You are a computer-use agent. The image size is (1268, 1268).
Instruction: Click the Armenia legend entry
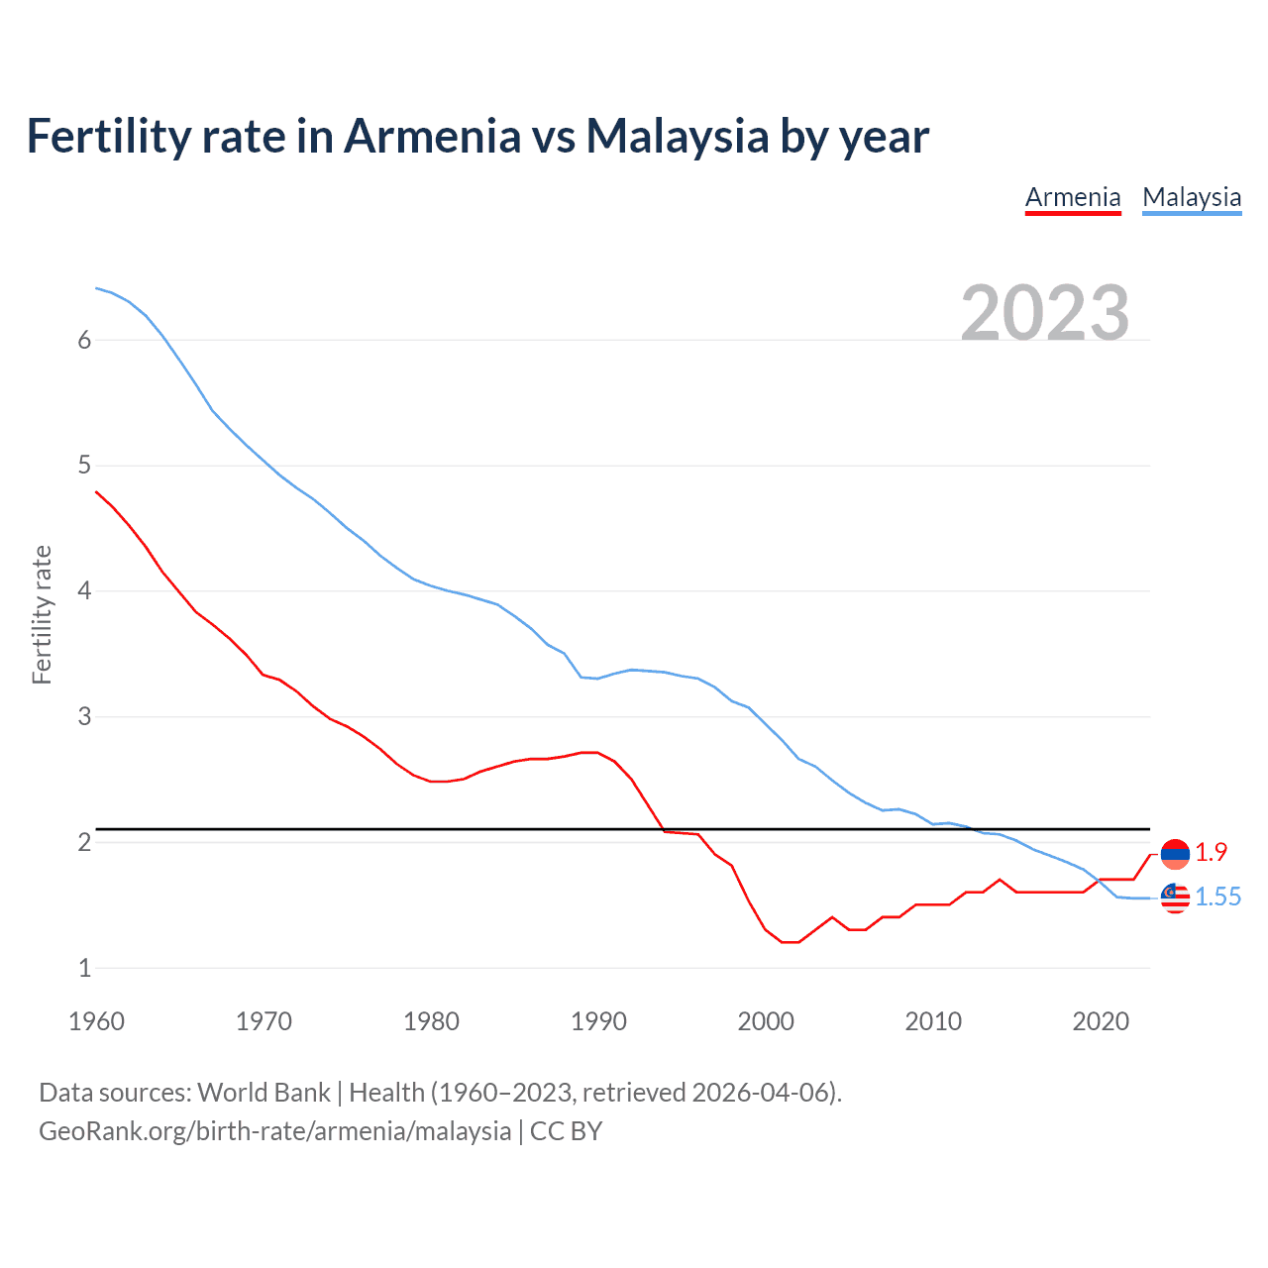[x=1073, y=197]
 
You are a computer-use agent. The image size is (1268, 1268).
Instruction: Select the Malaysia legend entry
[x=1192, y=197]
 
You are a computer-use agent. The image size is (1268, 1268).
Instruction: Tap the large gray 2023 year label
[x=1045, y=312]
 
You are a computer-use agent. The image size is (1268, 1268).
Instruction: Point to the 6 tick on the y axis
[x=84, y=340]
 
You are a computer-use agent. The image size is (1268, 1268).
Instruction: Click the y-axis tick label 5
[x=84, y=466]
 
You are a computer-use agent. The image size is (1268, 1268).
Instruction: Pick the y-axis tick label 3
[x=84, y=716]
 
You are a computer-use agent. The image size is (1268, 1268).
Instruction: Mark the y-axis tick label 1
[x=84, y=968]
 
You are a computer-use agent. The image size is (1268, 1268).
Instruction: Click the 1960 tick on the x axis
[x=96, y=1021]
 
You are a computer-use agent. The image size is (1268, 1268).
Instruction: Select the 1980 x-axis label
[x=431, y=1021]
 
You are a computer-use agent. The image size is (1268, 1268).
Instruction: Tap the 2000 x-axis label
[x=766, y=1021]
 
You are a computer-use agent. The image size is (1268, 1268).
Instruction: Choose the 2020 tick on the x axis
[x=1101, y=1021]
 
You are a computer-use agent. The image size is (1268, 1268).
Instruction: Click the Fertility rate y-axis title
[x=42, y=614]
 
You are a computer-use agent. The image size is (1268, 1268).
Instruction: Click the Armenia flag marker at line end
[x=1175, y=853]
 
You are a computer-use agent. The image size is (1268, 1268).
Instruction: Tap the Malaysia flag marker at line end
[x=1175, y=898]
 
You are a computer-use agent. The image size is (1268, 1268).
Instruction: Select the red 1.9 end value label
[x=1211, y=852]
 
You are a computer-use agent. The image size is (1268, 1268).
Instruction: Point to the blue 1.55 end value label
[x=1217, y=897]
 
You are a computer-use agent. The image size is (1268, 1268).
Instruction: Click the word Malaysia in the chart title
[x=677, y=136]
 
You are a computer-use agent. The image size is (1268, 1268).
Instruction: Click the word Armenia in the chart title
[x=432, y=136]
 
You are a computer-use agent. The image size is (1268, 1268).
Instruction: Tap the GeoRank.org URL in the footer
[x=274, y=1130]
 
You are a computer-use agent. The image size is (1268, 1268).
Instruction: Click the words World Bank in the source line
[x=264, y=1092]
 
